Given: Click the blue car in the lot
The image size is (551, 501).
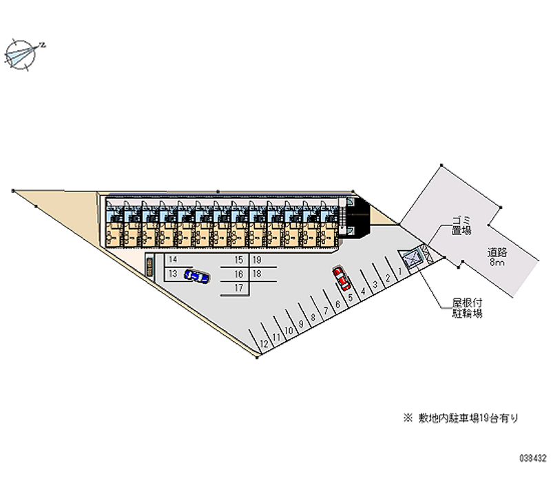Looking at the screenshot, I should pos(197,277).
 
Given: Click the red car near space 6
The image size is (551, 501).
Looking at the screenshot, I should pos(341,278).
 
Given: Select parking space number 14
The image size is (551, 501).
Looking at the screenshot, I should pos(173,260).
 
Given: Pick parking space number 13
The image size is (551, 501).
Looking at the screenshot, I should pos(173,274).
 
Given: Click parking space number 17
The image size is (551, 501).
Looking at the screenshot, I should pos(238,287).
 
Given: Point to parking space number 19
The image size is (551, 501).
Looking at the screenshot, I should pos(256,260).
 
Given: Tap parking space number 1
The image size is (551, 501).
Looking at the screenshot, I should pos(399,271).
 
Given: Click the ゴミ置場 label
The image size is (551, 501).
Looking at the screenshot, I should pos(461,225).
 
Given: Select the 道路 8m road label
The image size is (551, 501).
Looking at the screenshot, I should pos(497,257).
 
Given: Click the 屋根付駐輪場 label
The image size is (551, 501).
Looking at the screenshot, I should pos(467,308).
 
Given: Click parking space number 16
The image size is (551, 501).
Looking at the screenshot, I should pos(238,274).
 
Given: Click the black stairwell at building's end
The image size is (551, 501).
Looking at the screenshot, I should pos(359,218).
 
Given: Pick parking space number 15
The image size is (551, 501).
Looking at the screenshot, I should pos(238,260).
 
